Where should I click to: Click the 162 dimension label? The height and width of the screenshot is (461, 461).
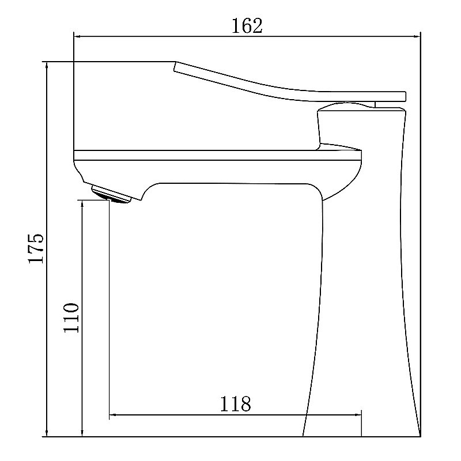(247, 26)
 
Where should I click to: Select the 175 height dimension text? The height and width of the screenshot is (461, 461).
(36, 248)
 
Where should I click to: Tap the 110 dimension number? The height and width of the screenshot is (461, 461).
(71, 318)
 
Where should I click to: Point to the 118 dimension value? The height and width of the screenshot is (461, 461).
(236, 404)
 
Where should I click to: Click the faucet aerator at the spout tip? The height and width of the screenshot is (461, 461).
(111, 195)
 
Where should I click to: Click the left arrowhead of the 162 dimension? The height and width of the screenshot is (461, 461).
(77, 37)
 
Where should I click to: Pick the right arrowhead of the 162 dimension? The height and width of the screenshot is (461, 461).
(416, 37)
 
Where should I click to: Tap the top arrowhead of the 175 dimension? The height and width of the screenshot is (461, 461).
(47, 66)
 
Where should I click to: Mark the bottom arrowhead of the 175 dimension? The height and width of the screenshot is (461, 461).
(47, 432)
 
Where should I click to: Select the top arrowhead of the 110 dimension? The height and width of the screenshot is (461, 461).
(82, 205)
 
